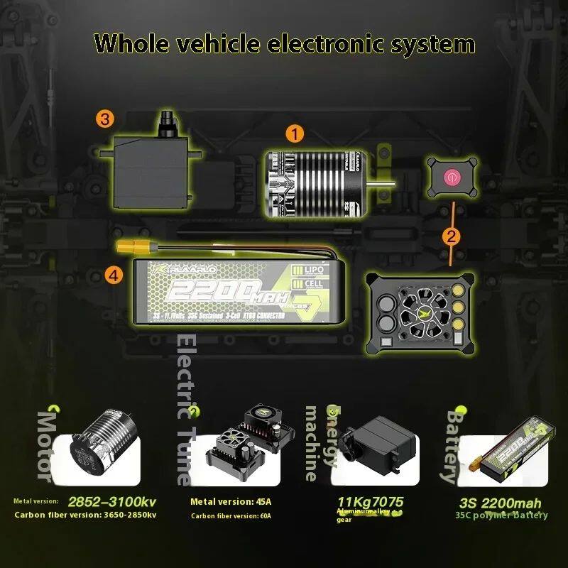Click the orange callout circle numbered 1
[x=295, y=133]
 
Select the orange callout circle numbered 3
[x=106, y=119]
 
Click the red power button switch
[x=450, y=175]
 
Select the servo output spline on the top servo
[x=168, y=120]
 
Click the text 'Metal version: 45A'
[x=231, y=502]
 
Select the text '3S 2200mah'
[x=500, y=503]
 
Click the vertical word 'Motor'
[x=46, y=444]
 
